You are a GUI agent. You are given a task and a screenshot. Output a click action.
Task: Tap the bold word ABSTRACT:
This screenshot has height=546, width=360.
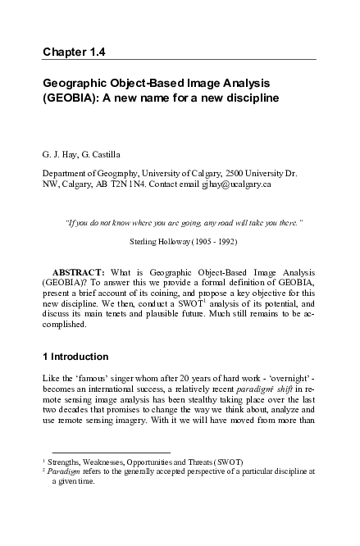(79, 271)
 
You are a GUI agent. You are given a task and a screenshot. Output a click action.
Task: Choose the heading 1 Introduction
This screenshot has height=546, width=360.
(75, 357)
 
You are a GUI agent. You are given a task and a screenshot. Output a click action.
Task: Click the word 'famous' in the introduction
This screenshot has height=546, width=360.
(85, 382)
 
